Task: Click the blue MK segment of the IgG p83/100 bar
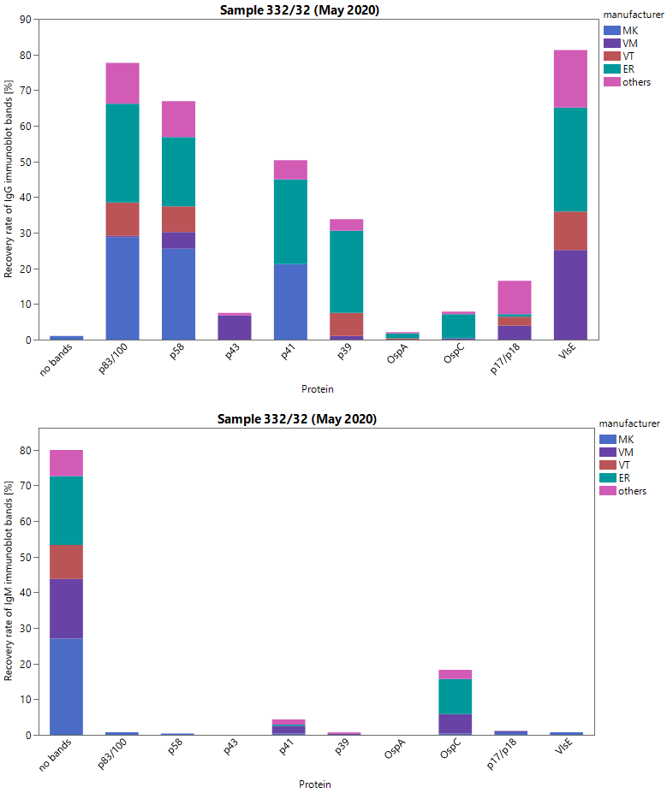122,287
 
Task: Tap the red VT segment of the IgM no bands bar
66,562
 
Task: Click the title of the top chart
300,10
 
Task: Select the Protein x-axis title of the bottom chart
314,784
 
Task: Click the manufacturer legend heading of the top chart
633,15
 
